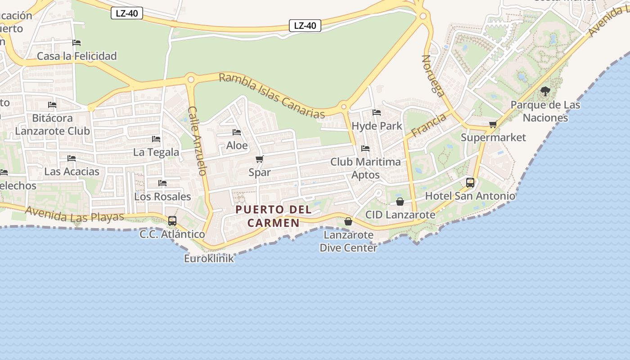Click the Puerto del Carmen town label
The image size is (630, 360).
pyautogui.click(x=274, y=216)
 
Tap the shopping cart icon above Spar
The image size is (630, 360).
pyautogui.click(x=259, y=159)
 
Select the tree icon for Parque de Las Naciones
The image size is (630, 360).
pyautogui.click(x=545, y=91)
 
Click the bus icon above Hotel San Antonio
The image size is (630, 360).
pyautogui.click(x=470, y=183)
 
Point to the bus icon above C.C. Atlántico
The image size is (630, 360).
pyautogui.click(x=172, y=221)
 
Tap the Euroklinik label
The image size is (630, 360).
pyautogui.click(x=209, y=258)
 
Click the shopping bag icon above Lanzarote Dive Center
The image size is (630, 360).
pyautogui.click(x=348, y=221)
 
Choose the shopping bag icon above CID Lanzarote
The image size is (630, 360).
pyautogui.click(x=400, y=202)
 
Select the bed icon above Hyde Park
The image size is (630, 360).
pyautogui.click(x=377, y=112)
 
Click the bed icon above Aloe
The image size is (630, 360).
pyautogui.click(x=237, y=132)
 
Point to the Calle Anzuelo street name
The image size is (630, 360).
pyautogui.click(x=198, y=140)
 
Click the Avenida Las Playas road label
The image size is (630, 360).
pyautogui.click(x=74, y=214)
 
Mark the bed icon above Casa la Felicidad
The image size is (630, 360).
pyautogui.click(x=76, y=43)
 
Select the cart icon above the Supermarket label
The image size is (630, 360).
pyautogui.click(x=493, y=124)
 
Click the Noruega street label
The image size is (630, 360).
pyautogui.click(x=433, y=76)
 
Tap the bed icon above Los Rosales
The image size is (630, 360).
pyautogui.click(x=162, y=183)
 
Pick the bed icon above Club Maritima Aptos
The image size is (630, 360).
pyautogui.click(x=365, y=148)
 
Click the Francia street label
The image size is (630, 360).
pyautogui.click(x=428, y=125)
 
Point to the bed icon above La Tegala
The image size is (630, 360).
pyautogui.click(x=156, y=139)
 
